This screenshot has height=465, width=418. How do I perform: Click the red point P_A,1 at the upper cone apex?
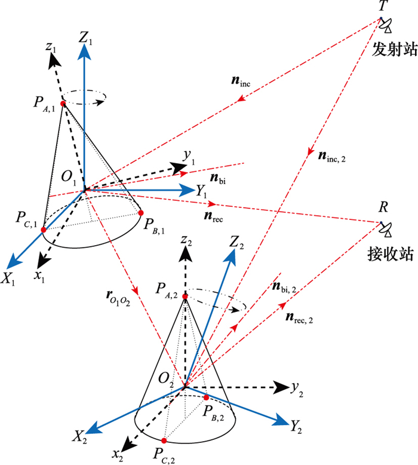coord(63,103)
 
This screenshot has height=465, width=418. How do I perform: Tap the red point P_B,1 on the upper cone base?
coord(142,212)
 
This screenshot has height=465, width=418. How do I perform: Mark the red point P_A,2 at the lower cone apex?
coord(185,296)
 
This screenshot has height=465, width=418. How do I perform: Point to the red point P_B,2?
coord(206,397)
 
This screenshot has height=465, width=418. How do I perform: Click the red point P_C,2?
coord(164,440)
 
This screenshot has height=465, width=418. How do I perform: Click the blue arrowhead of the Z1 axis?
coord(84,50)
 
